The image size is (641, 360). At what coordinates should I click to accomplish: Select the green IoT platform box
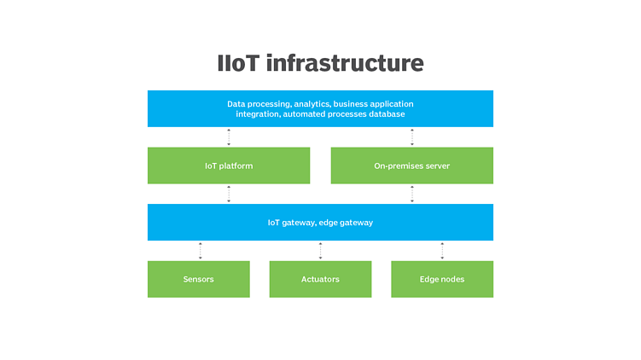[229, 165]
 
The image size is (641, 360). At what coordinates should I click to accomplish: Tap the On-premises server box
[411, 165]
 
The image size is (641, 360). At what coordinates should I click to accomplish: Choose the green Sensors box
[198, 279]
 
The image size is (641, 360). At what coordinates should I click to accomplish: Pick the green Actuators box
[320, 279]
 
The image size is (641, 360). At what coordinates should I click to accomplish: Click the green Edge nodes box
[442, 279]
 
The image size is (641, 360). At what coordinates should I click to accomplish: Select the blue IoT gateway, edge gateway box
[320, 223]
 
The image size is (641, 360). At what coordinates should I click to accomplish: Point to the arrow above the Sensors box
[201, 251]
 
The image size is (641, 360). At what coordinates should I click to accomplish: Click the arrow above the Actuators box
[321, 251]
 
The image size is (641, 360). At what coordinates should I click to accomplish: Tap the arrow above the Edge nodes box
[442, 251]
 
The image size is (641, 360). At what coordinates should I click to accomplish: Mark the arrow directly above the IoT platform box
[229, 137]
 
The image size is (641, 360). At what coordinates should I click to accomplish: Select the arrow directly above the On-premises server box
[412, 137]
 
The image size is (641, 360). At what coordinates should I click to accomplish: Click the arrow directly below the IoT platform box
[229, 194]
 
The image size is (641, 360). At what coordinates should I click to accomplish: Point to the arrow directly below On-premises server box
[412, 194]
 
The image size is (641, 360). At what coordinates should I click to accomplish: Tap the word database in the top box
[385, 113]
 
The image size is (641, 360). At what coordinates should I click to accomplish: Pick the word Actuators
[320, 279]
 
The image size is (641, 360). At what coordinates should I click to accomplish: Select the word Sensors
[198, 279]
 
